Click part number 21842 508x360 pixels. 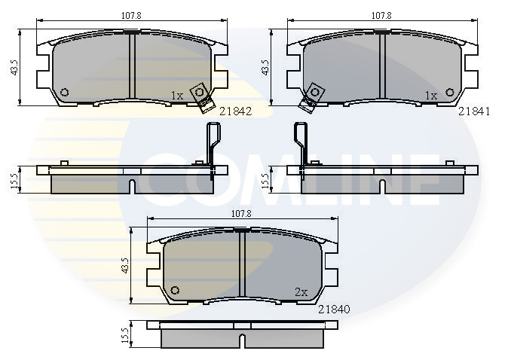click(235, 111)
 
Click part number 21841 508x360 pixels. click(474, 111)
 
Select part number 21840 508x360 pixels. click(334, 310)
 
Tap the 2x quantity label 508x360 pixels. click(301, 292)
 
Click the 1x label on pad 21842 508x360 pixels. click(177, 96)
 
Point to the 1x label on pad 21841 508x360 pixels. click(431, 96)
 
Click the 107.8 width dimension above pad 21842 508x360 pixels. click(131, 15)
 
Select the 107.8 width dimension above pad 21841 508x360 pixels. click(381, 15)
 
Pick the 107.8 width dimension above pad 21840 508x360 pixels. click(241, 214)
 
